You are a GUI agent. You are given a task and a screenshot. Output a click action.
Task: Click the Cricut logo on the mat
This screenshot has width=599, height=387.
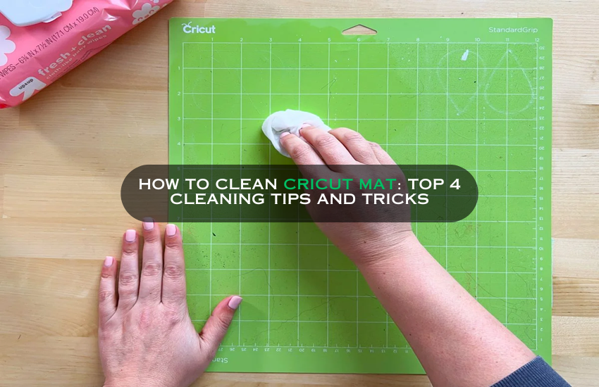point(199,29)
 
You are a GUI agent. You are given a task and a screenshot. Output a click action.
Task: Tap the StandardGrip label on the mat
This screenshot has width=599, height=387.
point(512,30)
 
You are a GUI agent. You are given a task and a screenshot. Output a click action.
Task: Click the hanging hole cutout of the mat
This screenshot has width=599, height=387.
point(359,30)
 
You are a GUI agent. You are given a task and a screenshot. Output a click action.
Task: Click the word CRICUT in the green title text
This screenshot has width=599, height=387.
point(316,184)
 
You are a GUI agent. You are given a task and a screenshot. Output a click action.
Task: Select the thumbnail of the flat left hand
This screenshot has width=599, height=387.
point(234,302)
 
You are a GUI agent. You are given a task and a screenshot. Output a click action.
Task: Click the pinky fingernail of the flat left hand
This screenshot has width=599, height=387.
point(108,261)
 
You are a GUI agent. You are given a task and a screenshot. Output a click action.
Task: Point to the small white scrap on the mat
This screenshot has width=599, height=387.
point(464,54)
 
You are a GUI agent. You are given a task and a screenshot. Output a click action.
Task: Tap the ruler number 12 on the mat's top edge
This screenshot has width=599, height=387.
point(537,39)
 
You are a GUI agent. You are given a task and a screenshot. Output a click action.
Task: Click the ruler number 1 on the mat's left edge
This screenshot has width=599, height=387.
point(179,68)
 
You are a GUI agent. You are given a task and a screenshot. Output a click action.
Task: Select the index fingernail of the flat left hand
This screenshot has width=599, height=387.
point(171,229)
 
